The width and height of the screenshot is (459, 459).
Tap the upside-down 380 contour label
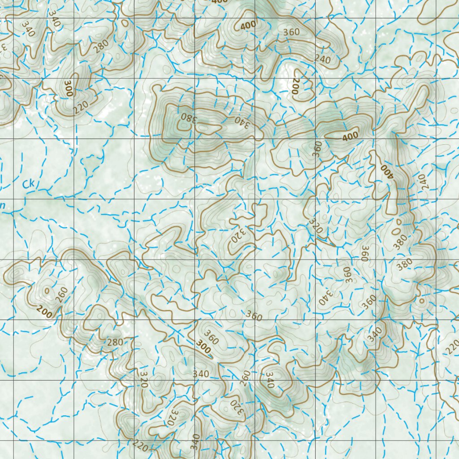click(x=189, y=119)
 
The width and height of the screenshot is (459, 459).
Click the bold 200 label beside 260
click(x=44, y=311)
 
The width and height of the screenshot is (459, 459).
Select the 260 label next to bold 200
click(x=61, y=294)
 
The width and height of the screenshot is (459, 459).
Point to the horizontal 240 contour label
click(x=322, y=59)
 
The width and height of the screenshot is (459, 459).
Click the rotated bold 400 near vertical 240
click(x=386, y=171)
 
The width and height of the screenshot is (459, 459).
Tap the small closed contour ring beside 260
click(x=47, y=290)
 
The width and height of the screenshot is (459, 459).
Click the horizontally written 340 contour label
click(x=200, y=373)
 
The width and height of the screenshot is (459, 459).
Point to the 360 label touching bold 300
click(x=211, y=337)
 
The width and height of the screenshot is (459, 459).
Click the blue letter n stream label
click(x=3, y=206)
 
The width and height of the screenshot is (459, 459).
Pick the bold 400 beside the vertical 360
click(x=350, y=136)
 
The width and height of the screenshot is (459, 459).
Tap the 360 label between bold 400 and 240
click(x=291, y=32)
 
